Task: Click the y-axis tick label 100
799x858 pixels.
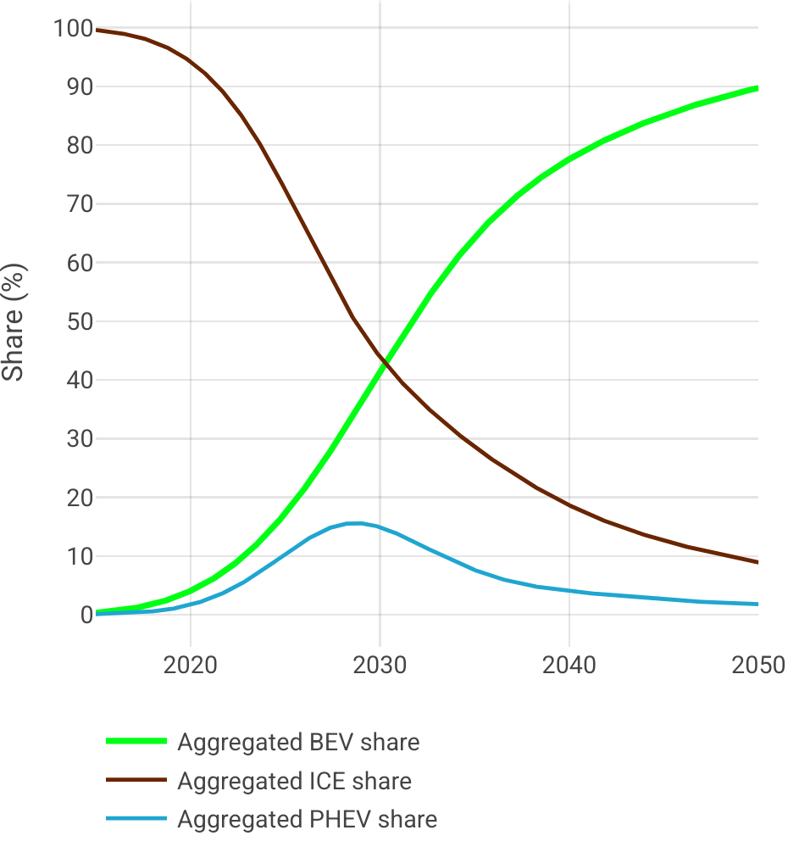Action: [71, 29]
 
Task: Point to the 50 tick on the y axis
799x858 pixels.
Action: [76, 322]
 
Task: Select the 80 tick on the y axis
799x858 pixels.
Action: [76, 146]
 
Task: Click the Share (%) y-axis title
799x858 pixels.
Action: [14, 322]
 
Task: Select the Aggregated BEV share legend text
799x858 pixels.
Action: [298, 743]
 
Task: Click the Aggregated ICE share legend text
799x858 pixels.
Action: [294, 781]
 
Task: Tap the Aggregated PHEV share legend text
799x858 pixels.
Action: [307, 819]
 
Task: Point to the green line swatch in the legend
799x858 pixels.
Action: [136, 742]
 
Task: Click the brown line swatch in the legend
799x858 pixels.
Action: [136, 780]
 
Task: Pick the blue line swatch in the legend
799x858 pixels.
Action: [136, 818]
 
